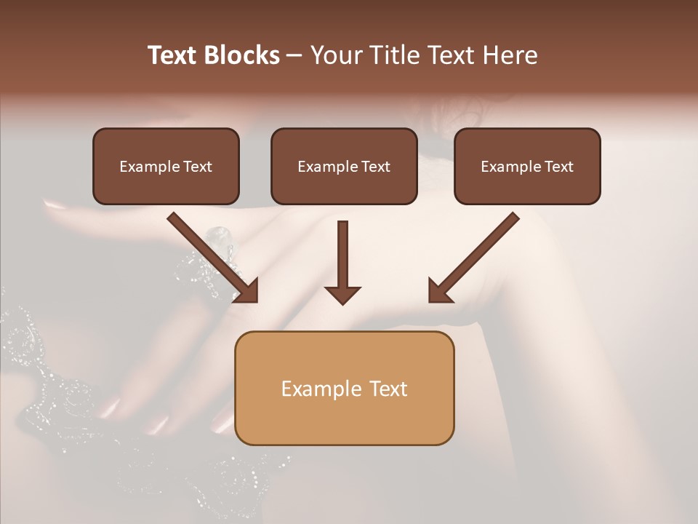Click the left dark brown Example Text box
166,167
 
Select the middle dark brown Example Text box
344,167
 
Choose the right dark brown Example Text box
527,167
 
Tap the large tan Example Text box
344,388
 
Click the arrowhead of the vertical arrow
342,294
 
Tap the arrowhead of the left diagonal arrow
247,290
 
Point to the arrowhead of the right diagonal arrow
439,290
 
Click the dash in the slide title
294,56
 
